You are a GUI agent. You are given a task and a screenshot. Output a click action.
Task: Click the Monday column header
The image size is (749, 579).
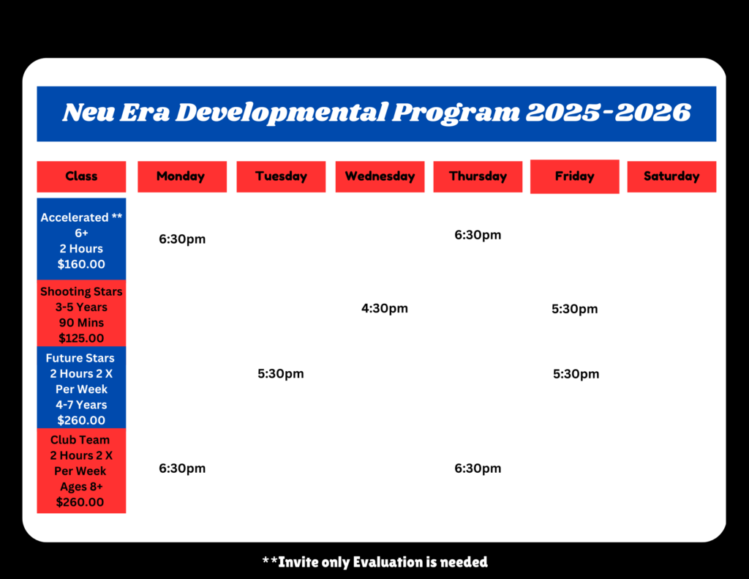(182, 176)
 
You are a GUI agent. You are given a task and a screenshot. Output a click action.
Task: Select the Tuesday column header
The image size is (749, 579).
(281, 176)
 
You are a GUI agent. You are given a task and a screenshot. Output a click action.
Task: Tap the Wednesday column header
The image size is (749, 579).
(380, 176)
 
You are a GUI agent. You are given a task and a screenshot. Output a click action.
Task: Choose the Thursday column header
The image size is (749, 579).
(478, 176)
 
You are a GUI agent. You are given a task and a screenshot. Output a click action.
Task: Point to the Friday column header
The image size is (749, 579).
(575, 176)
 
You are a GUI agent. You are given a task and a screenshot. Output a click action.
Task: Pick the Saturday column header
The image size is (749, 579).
(671, 176)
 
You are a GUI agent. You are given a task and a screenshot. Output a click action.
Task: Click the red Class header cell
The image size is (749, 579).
(81, 176)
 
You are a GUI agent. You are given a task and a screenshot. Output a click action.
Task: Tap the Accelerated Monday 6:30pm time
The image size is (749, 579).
(182, 239)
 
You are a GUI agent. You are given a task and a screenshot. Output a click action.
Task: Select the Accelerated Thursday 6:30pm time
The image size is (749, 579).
(478, 235)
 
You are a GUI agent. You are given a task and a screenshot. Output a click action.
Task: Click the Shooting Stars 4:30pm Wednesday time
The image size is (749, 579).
(385, 308)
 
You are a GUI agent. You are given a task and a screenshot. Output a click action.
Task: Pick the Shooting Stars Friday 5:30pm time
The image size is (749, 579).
(575, 310)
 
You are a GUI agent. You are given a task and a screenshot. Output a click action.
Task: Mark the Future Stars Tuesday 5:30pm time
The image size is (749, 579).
(280, 374)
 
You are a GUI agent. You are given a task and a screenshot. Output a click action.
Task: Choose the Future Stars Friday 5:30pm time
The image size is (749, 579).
(576, 374)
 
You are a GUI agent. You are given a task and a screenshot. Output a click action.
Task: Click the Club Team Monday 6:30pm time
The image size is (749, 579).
(182, 468)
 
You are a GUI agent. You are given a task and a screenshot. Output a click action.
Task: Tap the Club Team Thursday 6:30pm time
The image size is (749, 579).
(478, 468)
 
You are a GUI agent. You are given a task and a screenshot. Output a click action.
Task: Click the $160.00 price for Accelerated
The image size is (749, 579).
(81, 264)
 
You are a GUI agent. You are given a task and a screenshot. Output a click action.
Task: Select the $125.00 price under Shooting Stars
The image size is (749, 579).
(81, 338)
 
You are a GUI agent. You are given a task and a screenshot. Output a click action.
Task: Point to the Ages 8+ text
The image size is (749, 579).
(81, 487)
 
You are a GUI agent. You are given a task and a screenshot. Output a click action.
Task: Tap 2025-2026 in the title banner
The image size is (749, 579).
(608, 112)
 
